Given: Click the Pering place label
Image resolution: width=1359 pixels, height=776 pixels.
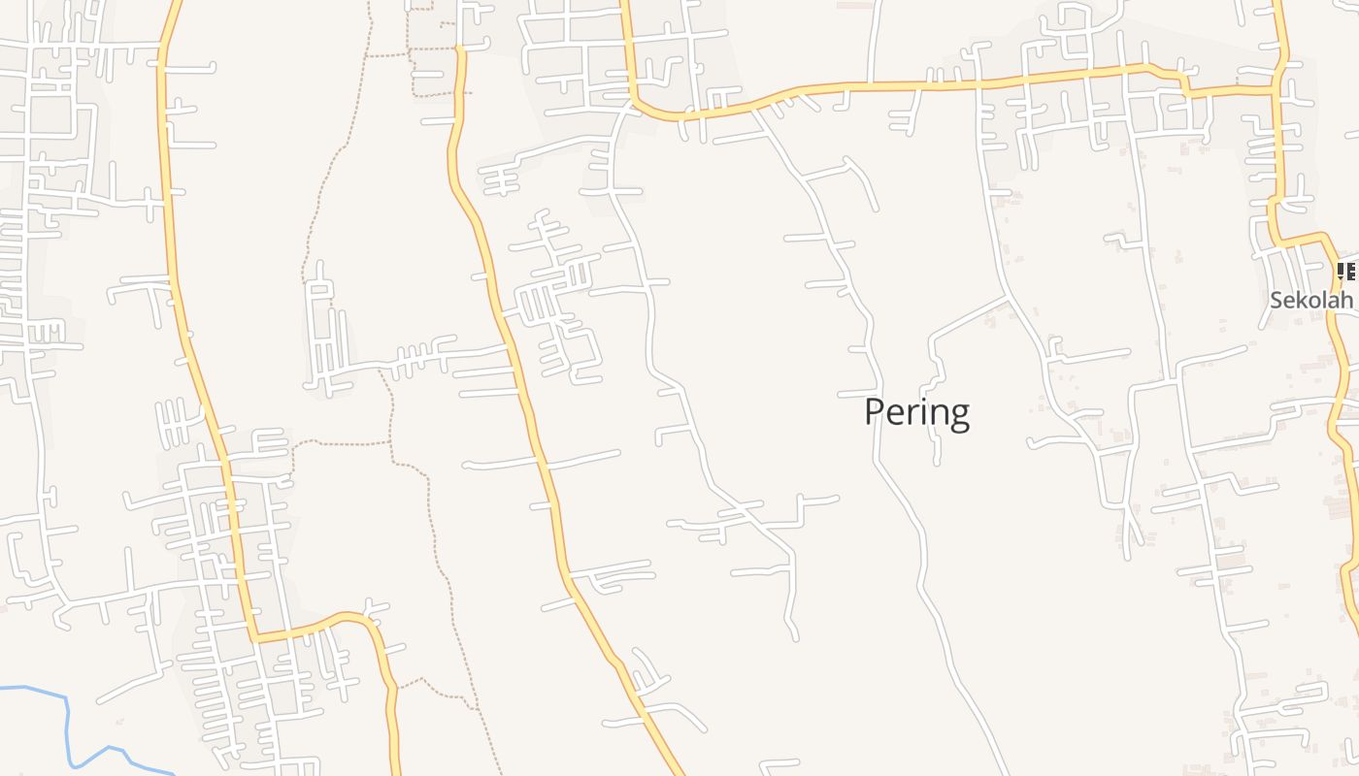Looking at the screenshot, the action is click(916, 412).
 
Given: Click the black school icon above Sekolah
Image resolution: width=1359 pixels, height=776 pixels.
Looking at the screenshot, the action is click(1347, 272).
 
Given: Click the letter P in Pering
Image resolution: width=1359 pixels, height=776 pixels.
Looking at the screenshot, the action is click(875, 411).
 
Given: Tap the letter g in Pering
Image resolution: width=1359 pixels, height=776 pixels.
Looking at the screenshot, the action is click(958, 415).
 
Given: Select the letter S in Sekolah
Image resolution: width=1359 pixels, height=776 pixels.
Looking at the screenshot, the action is click(1276, 300).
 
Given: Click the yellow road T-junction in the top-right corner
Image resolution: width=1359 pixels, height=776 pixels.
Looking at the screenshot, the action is click(1279, 88).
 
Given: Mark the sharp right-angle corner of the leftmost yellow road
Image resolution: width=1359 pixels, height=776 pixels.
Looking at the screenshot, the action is click(255, 638).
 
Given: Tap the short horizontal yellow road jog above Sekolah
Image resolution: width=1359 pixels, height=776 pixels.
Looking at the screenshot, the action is click(1301, 238).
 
